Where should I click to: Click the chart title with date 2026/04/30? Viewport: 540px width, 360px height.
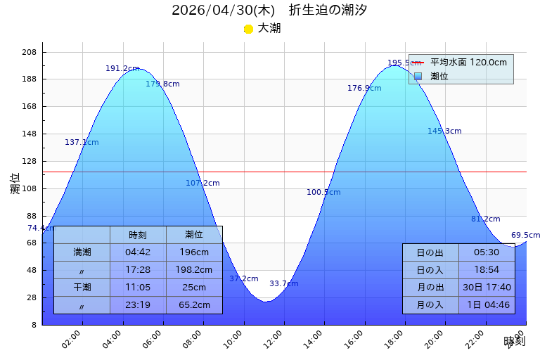269,10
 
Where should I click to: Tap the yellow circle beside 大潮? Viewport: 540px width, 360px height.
248,29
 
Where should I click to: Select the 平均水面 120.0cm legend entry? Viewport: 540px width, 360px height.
468,63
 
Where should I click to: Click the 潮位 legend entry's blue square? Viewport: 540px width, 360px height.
418,76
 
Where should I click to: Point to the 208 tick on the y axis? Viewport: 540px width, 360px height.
29,52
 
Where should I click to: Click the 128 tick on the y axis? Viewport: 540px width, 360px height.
29,161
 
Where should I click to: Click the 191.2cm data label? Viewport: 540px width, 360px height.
122,68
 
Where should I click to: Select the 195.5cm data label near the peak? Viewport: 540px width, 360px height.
404,63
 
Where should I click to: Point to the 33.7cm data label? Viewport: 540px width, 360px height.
283,283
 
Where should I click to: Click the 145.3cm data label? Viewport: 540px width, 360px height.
444,131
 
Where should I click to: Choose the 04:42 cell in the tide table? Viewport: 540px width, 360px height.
138,252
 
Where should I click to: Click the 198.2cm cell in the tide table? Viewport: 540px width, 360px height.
194,269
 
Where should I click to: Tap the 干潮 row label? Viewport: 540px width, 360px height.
82,287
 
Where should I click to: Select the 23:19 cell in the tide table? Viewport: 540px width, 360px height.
138,304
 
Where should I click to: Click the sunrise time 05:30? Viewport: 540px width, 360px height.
487,252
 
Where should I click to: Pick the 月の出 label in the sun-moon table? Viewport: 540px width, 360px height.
430,287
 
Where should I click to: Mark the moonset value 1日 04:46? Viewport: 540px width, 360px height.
487,304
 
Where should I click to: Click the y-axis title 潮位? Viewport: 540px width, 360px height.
15,184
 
